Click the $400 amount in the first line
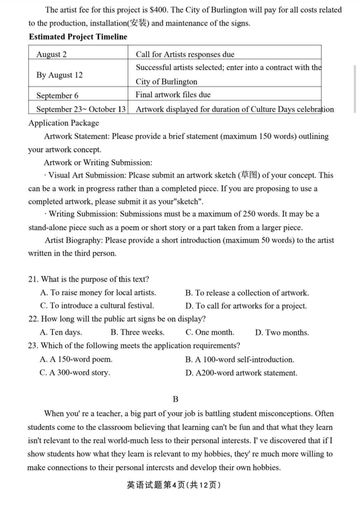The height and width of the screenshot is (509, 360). coord(158,10)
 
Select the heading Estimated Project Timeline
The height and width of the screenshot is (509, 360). coord(78,37)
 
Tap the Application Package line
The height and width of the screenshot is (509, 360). coord(64,123)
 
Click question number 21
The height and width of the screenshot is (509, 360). coord(34,279)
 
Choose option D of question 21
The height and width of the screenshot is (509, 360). coord(246,306)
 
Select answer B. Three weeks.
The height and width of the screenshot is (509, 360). coord(137,332)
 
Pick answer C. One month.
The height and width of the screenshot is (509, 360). coord(210,332)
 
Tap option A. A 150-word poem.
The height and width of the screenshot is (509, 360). coord(76,359)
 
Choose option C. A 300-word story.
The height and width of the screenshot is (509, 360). coord(75,373)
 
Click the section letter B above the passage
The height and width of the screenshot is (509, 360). coord(176,399)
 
